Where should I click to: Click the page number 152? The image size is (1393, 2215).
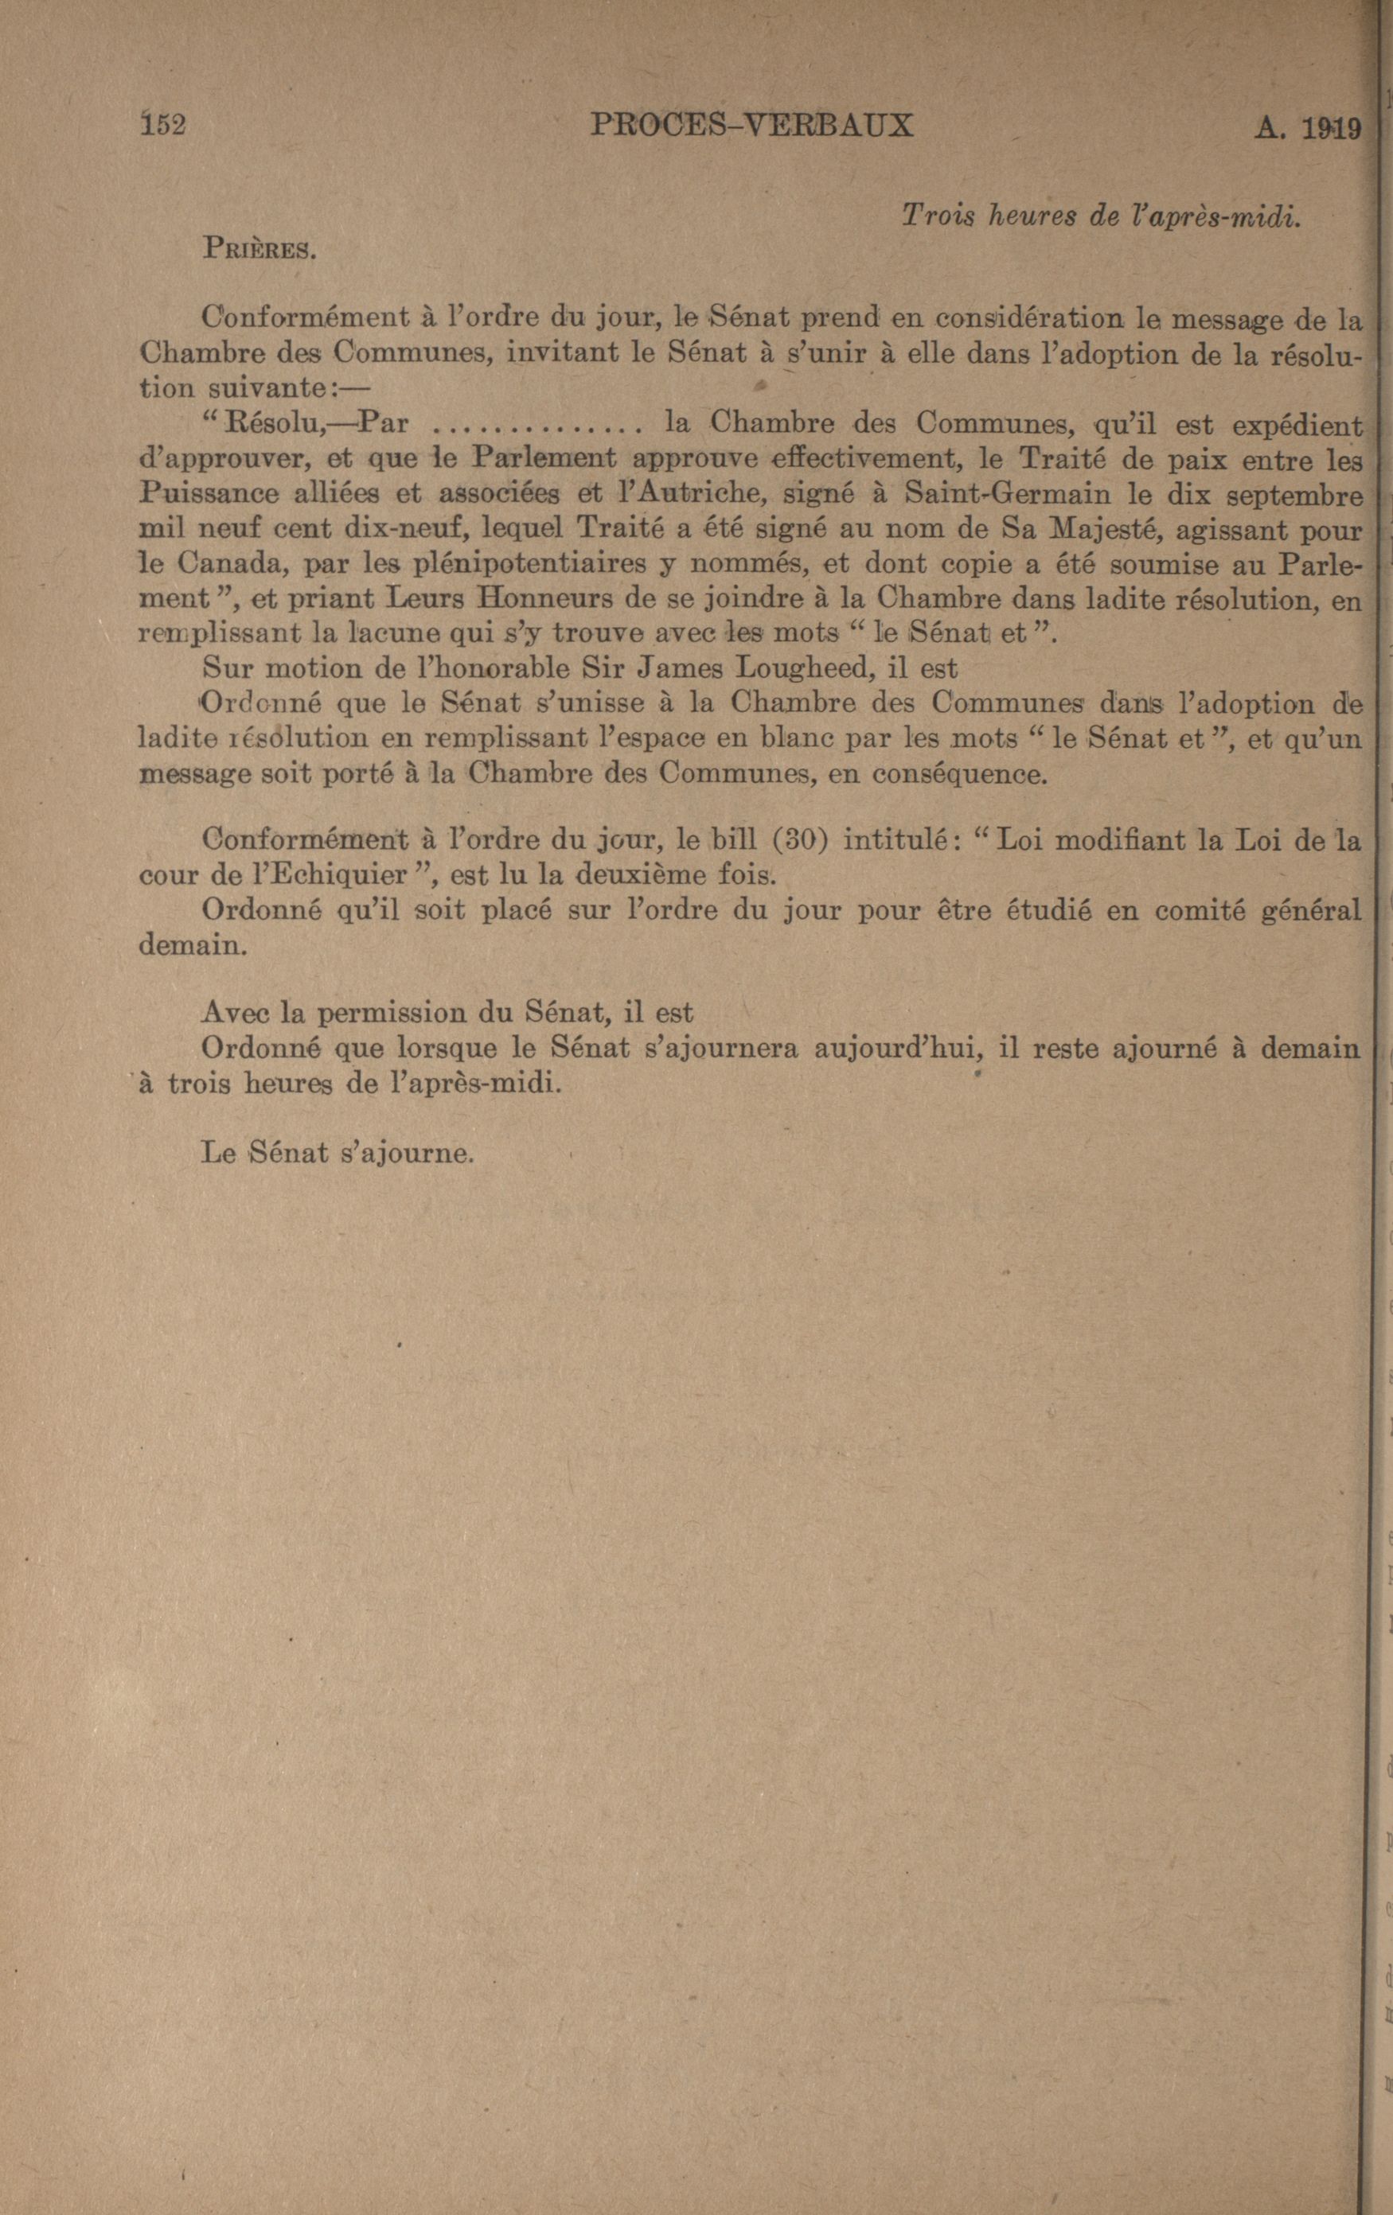click(x=163, y=124)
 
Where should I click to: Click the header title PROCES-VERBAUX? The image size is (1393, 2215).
click(x=751, y=125)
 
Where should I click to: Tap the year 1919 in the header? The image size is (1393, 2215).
click(x=1330, y=130)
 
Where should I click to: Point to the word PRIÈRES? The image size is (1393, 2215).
click(x=259, y=249)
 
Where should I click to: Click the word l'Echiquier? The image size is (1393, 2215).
click(x=311, y=874)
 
